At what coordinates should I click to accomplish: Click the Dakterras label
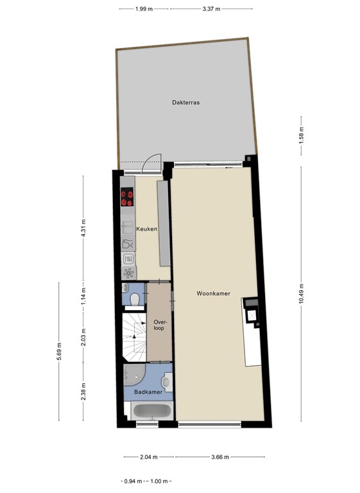(185, 102)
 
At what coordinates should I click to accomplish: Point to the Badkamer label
(148, 391)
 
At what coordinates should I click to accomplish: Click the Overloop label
(159, 325)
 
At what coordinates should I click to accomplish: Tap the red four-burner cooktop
(127, 196)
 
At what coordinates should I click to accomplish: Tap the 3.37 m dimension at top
(210, 8)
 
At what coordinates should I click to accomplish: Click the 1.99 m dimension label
(144, 8)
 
